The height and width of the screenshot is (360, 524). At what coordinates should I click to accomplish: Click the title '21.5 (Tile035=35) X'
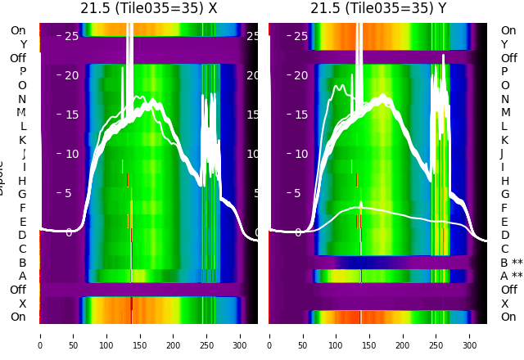(149, 8)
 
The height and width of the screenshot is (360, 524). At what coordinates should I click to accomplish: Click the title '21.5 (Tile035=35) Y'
(378, 8)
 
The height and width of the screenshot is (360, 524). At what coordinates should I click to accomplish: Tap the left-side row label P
(23, 72)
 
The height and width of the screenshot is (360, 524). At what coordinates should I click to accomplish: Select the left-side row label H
(23, 181)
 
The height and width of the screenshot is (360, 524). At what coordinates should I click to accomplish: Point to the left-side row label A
(23, 276)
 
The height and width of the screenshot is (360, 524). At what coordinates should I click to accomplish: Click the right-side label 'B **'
(512, 263)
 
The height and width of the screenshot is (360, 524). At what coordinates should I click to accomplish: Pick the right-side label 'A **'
(512, 276)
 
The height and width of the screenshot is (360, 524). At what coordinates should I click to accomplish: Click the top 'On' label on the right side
(508, 31)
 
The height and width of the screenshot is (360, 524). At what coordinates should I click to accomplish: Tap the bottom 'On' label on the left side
(18, 317)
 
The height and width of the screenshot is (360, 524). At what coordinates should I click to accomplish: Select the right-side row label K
(504, 140)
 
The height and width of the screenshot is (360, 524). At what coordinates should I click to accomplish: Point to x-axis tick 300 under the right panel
(470, 335)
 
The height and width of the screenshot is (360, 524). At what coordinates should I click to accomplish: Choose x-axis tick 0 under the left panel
(40, 335)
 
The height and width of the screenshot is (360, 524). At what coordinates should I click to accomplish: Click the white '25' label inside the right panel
(301, 36)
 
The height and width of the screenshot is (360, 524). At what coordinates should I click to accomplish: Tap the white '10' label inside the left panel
(72, 154)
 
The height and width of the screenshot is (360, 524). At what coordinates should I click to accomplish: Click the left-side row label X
(23, 304)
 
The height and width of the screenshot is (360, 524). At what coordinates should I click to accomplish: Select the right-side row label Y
(504, 45)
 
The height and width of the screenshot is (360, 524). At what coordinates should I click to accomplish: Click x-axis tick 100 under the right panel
(336, 335)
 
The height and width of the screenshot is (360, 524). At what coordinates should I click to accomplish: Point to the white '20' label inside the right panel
(301, 75)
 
